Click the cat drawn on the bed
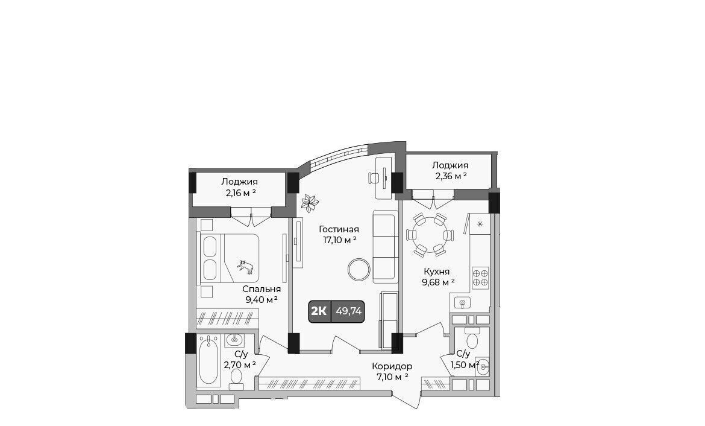(x=245, y=267)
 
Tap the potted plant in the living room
(x=309, y=203)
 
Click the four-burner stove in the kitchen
(x=480, y=278)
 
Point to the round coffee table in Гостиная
(x=359, y=270)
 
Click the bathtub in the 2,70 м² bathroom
(x=208, y=361)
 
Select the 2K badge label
(x=319, y=311)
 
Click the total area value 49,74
(x=348, y=311)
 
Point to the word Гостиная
(x=339, y=230)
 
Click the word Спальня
(x=262, y=289)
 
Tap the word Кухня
(x=437, y=272)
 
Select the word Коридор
(x=392, y=366)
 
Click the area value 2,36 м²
(x=451, y=176)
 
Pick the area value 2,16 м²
(x=241, y=193)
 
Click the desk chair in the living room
(x=374, y=178)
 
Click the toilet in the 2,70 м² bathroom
(x=236, y=378)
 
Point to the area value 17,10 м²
(x=340, y=241)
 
